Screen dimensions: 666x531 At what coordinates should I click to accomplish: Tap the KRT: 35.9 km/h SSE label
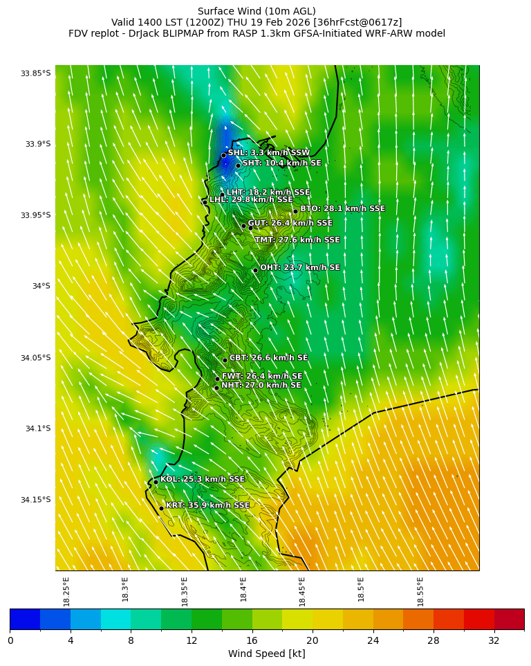(207, 505)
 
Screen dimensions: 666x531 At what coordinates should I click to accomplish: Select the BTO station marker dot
(295, 212)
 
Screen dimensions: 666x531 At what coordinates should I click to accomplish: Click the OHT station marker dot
(255, 271)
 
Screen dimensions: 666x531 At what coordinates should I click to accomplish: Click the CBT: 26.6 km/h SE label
(268, 358)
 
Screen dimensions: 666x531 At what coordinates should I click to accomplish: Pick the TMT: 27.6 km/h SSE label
(297, 240)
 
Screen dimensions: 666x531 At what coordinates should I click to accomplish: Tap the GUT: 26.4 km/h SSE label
(290, 223)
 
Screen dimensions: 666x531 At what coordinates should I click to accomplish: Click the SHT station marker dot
(238, 165)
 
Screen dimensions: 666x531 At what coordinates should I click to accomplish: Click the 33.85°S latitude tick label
(36, 73)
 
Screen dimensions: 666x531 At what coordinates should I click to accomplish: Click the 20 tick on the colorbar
(313, 640)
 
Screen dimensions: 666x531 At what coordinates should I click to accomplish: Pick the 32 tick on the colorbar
(494, 640)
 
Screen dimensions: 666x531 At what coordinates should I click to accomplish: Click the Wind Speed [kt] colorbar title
(267, 654)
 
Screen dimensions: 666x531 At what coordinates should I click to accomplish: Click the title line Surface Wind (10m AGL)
(257, 11)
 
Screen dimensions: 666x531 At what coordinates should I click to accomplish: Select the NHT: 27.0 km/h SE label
(261, 385)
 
